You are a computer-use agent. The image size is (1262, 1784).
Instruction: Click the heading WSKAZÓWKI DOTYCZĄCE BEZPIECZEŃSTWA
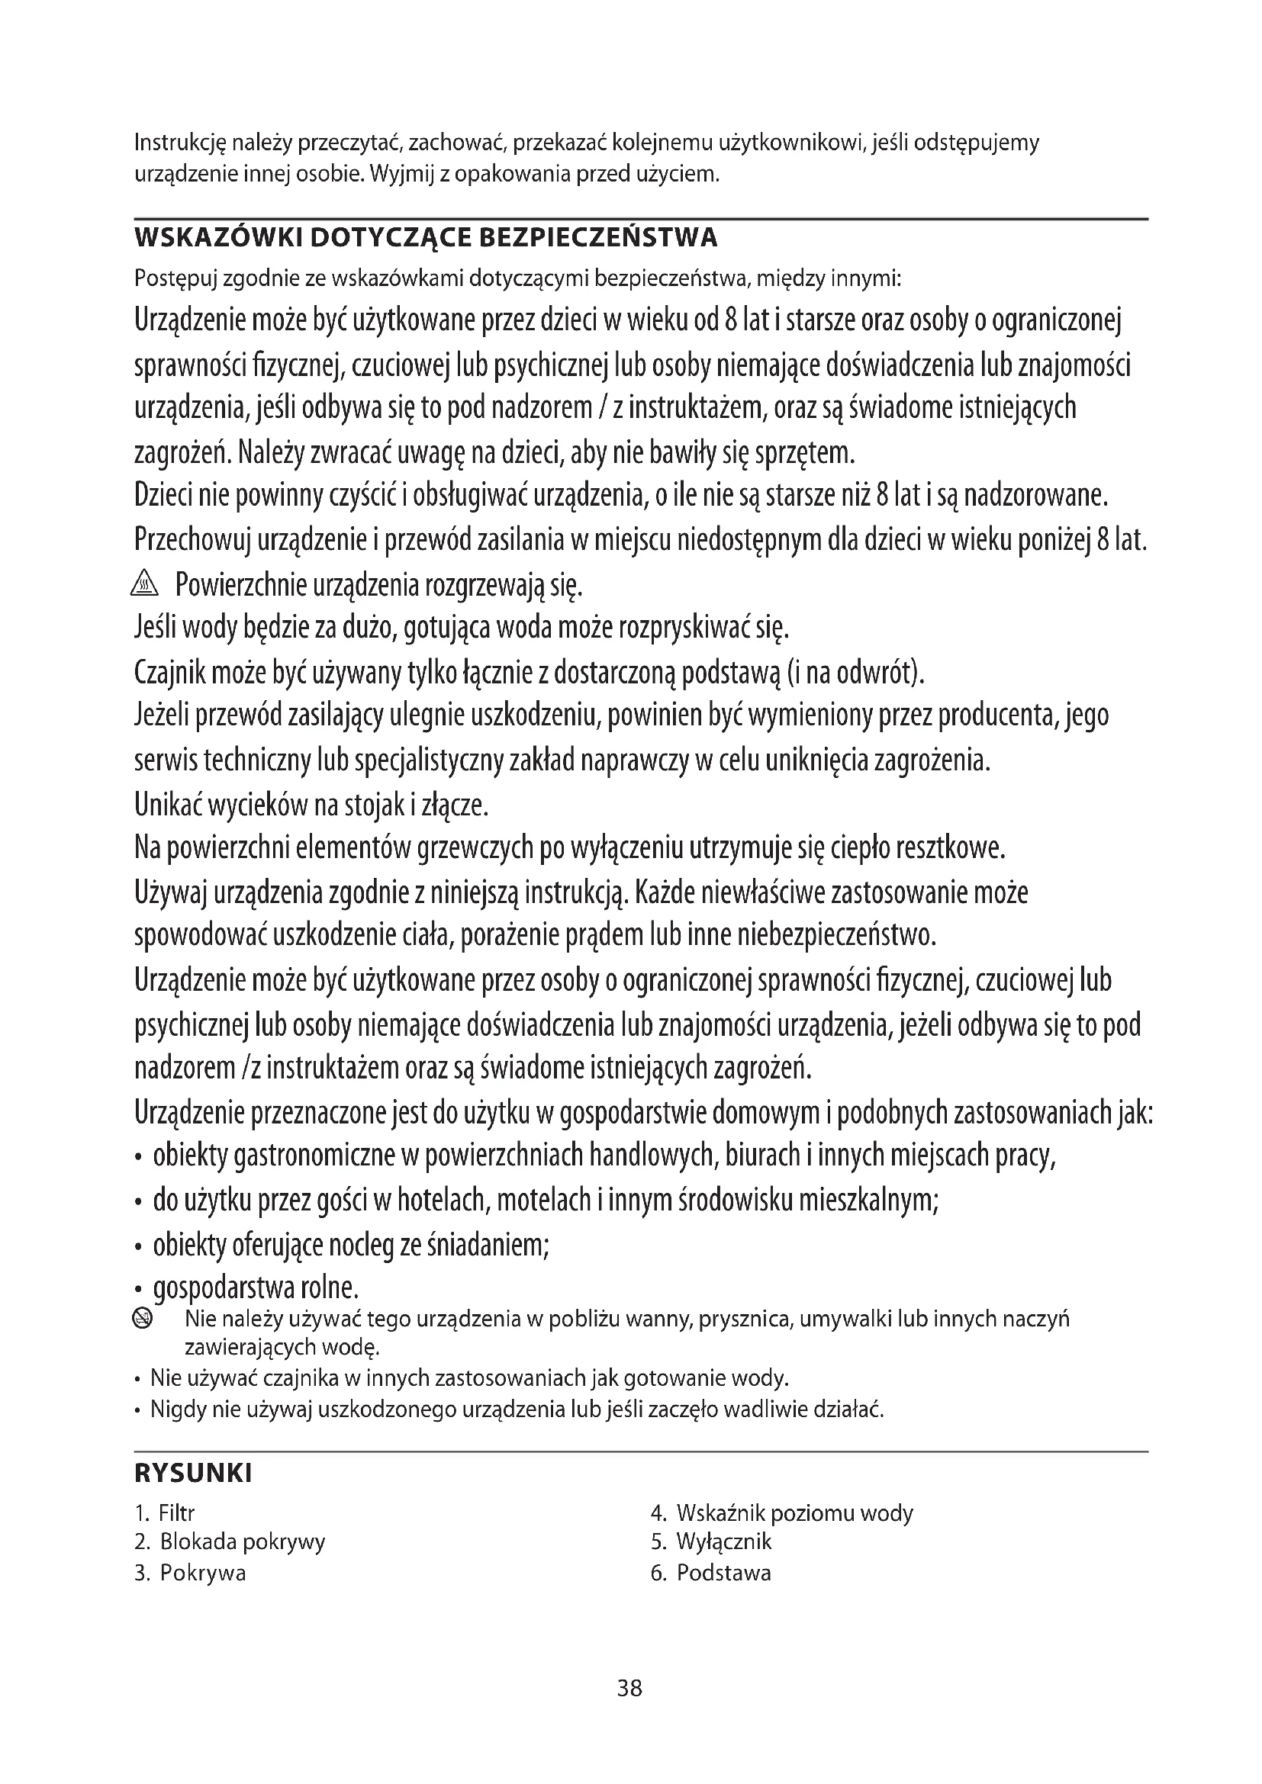pyautogui.click(x=426, y=238)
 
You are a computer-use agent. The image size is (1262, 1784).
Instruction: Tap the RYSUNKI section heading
pyautogui.click(x=194, y=1474)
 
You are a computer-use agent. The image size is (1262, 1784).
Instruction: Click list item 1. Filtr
pyautogui.click(x=165, y=1512)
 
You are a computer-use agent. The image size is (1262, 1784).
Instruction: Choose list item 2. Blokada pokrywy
pyautogui.click(x=230, y=1541)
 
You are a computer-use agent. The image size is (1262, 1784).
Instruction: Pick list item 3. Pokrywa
pyautogui.click(x=191, y=1573)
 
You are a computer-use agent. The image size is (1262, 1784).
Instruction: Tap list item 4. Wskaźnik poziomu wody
pyautogui.click(x=782, y=1512)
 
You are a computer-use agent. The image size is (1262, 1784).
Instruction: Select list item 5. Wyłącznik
pyautogui.click(x=711, y=1541)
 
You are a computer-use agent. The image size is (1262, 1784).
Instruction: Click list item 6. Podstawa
pyautogui.click(x=711, y=1573)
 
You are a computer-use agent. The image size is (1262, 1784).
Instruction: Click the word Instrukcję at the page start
pyautogui.click(x=179, y=144)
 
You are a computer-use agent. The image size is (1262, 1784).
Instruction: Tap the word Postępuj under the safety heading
pyautogui.click(x=175, y=278)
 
